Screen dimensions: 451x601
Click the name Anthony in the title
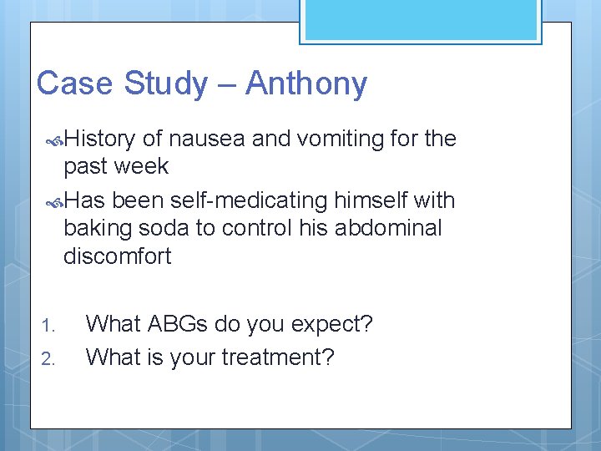306,84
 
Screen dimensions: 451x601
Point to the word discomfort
117,256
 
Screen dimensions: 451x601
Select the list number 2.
48,358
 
